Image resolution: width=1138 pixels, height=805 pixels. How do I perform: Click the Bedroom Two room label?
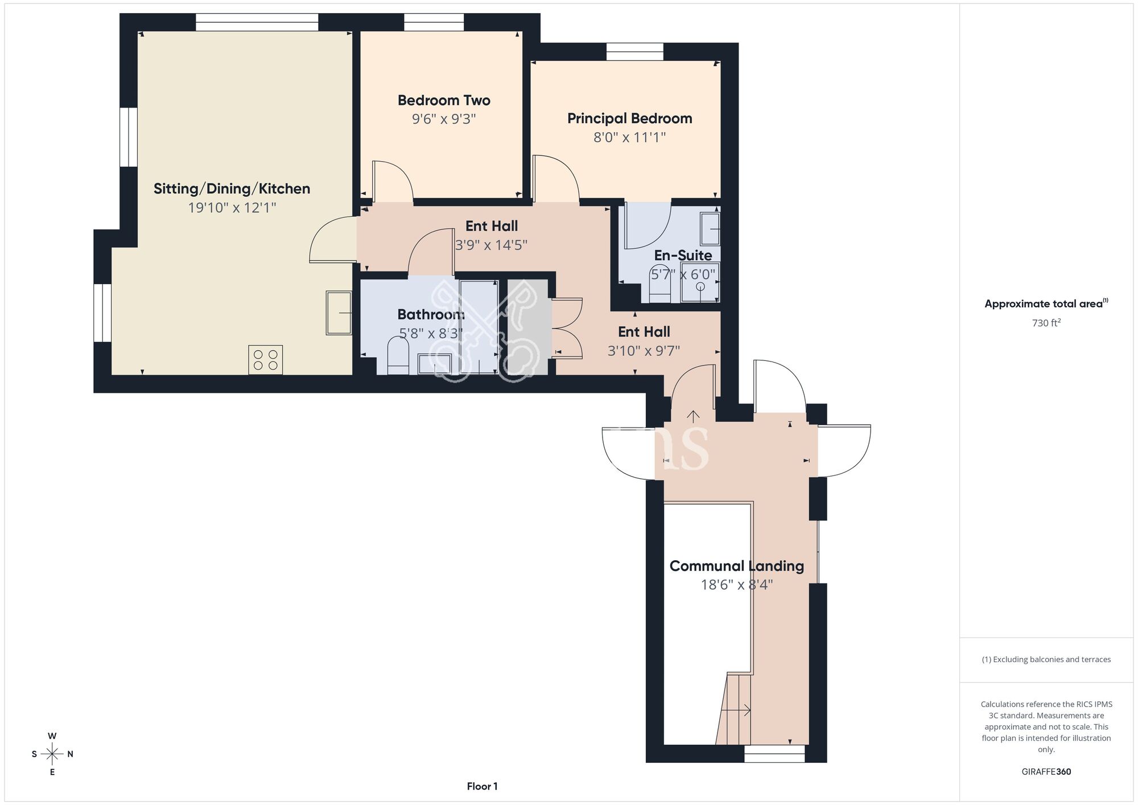point(444,101)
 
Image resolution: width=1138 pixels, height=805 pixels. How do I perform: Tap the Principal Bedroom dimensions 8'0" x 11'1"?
point(629,137)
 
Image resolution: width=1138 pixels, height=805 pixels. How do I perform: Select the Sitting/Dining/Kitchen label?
point(232,188)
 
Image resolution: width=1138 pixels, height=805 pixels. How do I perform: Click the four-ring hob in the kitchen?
point(265,360)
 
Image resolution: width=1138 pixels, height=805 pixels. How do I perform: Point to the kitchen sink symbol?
point(339,313)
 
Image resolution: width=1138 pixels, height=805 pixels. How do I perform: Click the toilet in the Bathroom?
point(398,356)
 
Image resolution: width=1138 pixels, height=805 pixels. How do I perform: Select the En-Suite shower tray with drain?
point(700,282)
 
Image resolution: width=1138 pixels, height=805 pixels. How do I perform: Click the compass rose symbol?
point(52,754)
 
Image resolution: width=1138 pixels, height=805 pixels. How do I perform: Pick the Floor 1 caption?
point(482,786)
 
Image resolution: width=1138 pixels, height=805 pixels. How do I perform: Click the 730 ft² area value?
point(1046,323)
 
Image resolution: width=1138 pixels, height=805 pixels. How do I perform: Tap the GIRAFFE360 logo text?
point(1046,772)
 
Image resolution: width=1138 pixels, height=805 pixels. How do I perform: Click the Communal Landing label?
point(736,566)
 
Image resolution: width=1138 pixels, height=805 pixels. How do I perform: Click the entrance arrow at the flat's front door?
point(693,416)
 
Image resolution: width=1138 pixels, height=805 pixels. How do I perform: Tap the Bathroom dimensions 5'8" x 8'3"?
point(431,333)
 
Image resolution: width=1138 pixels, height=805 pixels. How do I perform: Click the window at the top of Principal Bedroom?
point(634,52)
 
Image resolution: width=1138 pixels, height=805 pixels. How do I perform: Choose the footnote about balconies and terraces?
point(1046,659)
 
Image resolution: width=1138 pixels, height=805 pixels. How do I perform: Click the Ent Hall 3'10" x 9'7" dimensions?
point(644,351)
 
